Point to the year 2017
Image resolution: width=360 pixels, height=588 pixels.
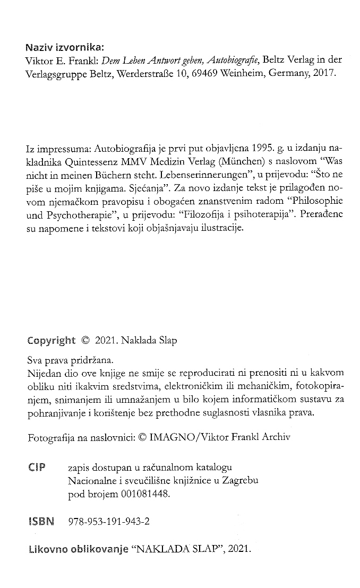325,74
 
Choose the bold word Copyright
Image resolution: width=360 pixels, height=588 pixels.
51,341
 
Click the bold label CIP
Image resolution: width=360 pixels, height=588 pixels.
36,467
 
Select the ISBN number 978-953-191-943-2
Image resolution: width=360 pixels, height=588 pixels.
109,522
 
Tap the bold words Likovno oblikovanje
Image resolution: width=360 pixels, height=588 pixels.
78,549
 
